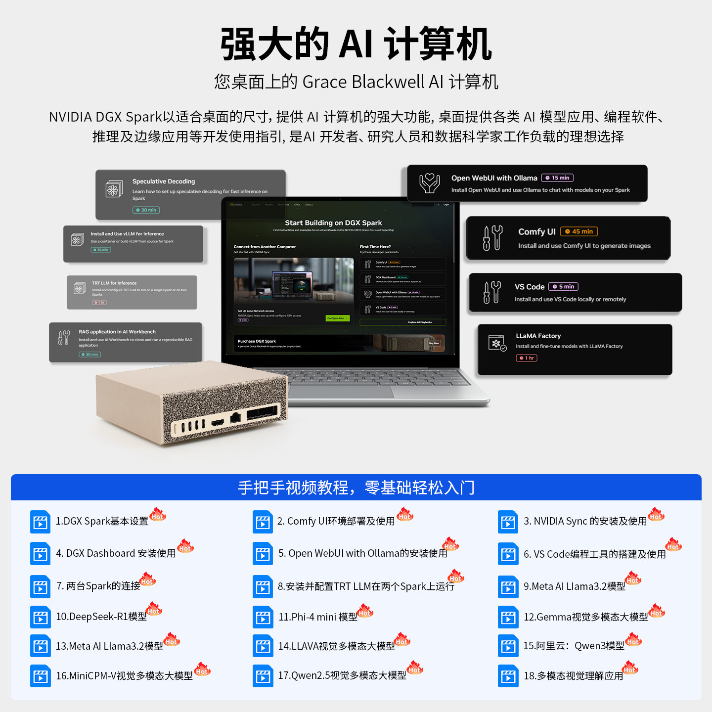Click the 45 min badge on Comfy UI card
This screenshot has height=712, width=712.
tap(579, 231)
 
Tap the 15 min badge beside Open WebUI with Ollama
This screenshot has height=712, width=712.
tap(557, 178)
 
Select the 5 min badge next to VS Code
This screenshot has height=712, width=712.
tap(563, 287)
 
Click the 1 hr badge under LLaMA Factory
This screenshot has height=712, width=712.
tap(526, 358)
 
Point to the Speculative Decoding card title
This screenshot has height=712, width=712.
tap(164, 181)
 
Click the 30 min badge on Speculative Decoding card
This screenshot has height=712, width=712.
tap(146, 210)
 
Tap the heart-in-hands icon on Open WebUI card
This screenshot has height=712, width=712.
tap(429, 183)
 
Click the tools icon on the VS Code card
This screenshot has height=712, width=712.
tap(492, 292)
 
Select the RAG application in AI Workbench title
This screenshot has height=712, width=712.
tap(117, 332)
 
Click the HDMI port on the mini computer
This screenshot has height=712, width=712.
tap(218, 423)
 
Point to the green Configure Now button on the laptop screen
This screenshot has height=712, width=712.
tap(337, 318)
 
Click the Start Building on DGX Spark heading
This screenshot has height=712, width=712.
tap(333, 223)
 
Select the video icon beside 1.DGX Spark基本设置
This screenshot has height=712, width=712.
tap(40, 522)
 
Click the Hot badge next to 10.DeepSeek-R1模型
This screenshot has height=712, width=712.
tap(154, 609)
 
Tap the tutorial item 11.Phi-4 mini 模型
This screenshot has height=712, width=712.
tap(317, 617)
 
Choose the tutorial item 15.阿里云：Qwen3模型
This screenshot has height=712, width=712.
tap(574, 646)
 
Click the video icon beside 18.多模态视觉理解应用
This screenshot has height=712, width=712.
tap(508, 676)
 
